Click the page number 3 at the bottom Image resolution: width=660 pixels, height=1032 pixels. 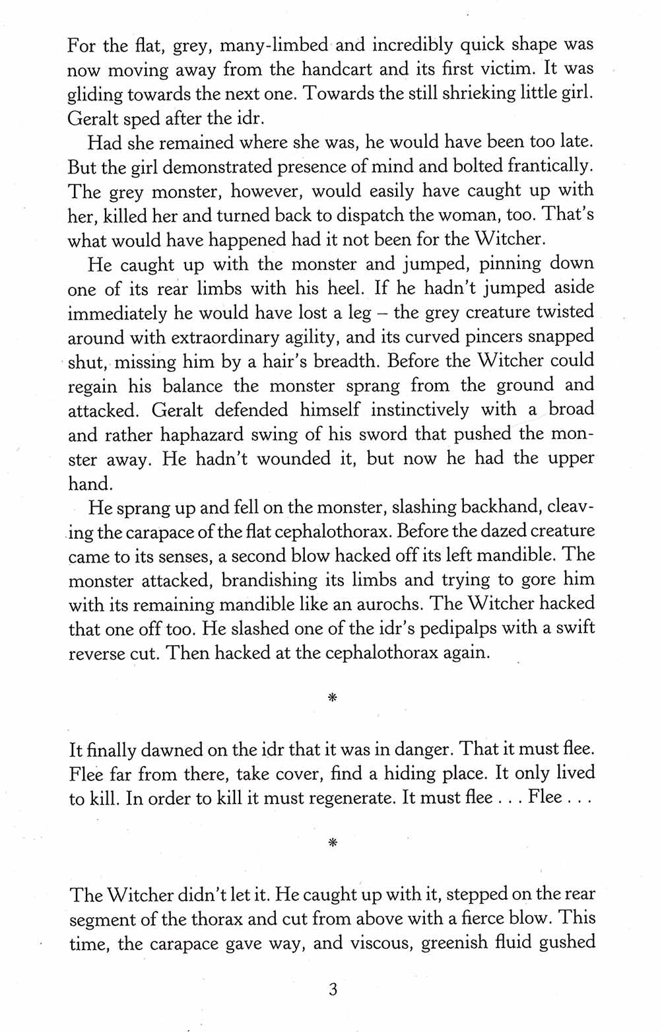click(x=332, y=990)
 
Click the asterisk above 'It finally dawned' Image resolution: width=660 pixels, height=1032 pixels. click(x=332, y=697)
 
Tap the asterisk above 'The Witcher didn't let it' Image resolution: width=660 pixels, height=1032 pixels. click(x=332, y=843)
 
